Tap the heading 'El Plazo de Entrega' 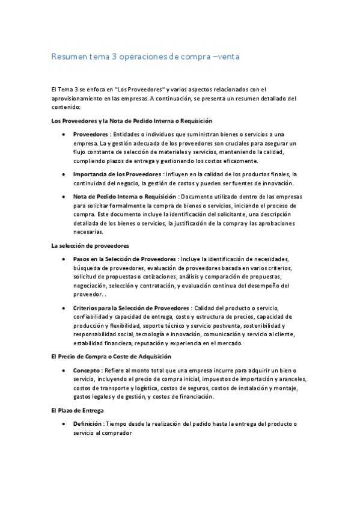78,410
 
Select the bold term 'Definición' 87,424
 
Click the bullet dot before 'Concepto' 63,371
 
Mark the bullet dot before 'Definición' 63,425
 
